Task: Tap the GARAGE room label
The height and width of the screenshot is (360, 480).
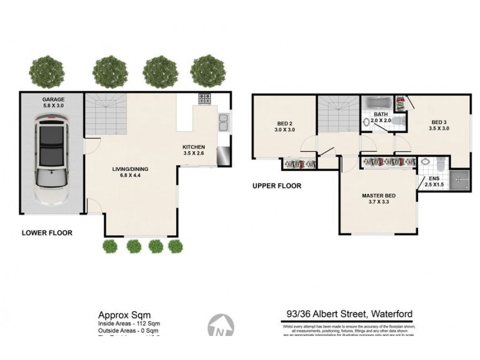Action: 53,100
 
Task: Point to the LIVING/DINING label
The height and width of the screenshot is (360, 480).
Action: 130,169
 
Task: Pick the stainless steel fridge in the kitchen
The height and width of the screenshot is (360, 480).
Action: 223,155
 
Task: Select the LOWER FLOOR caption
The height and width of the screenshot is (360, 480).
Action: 47,233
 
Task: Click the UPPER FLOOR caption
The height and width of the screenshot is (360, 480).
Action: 277,186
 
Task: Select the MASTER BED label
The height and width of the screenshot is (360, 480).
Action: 379,196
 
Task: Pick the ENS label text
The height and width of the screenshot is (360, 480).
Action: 433,178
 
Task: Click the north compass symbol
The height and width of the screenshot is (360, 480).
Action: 221,329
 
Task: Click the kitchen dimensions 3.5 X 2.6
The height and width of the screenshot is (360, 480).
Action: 194,153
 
